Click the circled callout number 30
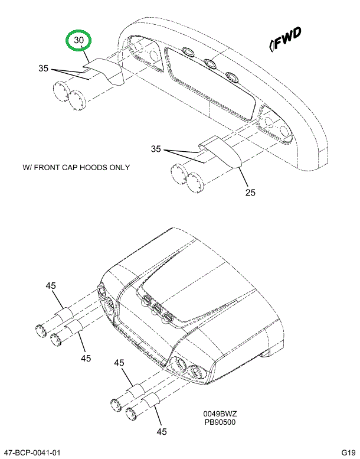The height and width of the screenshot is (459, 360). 80,41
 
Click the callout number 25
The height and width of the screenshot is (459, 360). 251,193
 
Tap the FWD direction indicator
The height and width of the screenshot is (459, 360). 286,37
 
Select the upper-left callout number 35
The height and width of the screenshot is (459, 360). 44,69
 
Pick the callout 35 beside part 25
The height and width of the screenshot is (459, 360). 156,149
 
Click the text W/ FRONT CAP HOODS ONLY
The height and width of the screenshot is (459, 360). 76,167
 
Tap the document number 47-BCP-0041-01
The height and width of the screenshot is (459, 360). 34,453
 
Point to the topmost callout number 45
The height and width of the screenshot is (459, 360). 51,286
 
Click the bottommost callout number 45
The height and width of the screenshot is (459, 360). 162,431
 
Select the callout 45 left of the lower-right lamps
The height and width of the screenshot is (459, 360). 119,363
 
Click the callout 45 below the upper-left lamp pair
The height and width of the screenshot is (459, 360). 86,358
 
